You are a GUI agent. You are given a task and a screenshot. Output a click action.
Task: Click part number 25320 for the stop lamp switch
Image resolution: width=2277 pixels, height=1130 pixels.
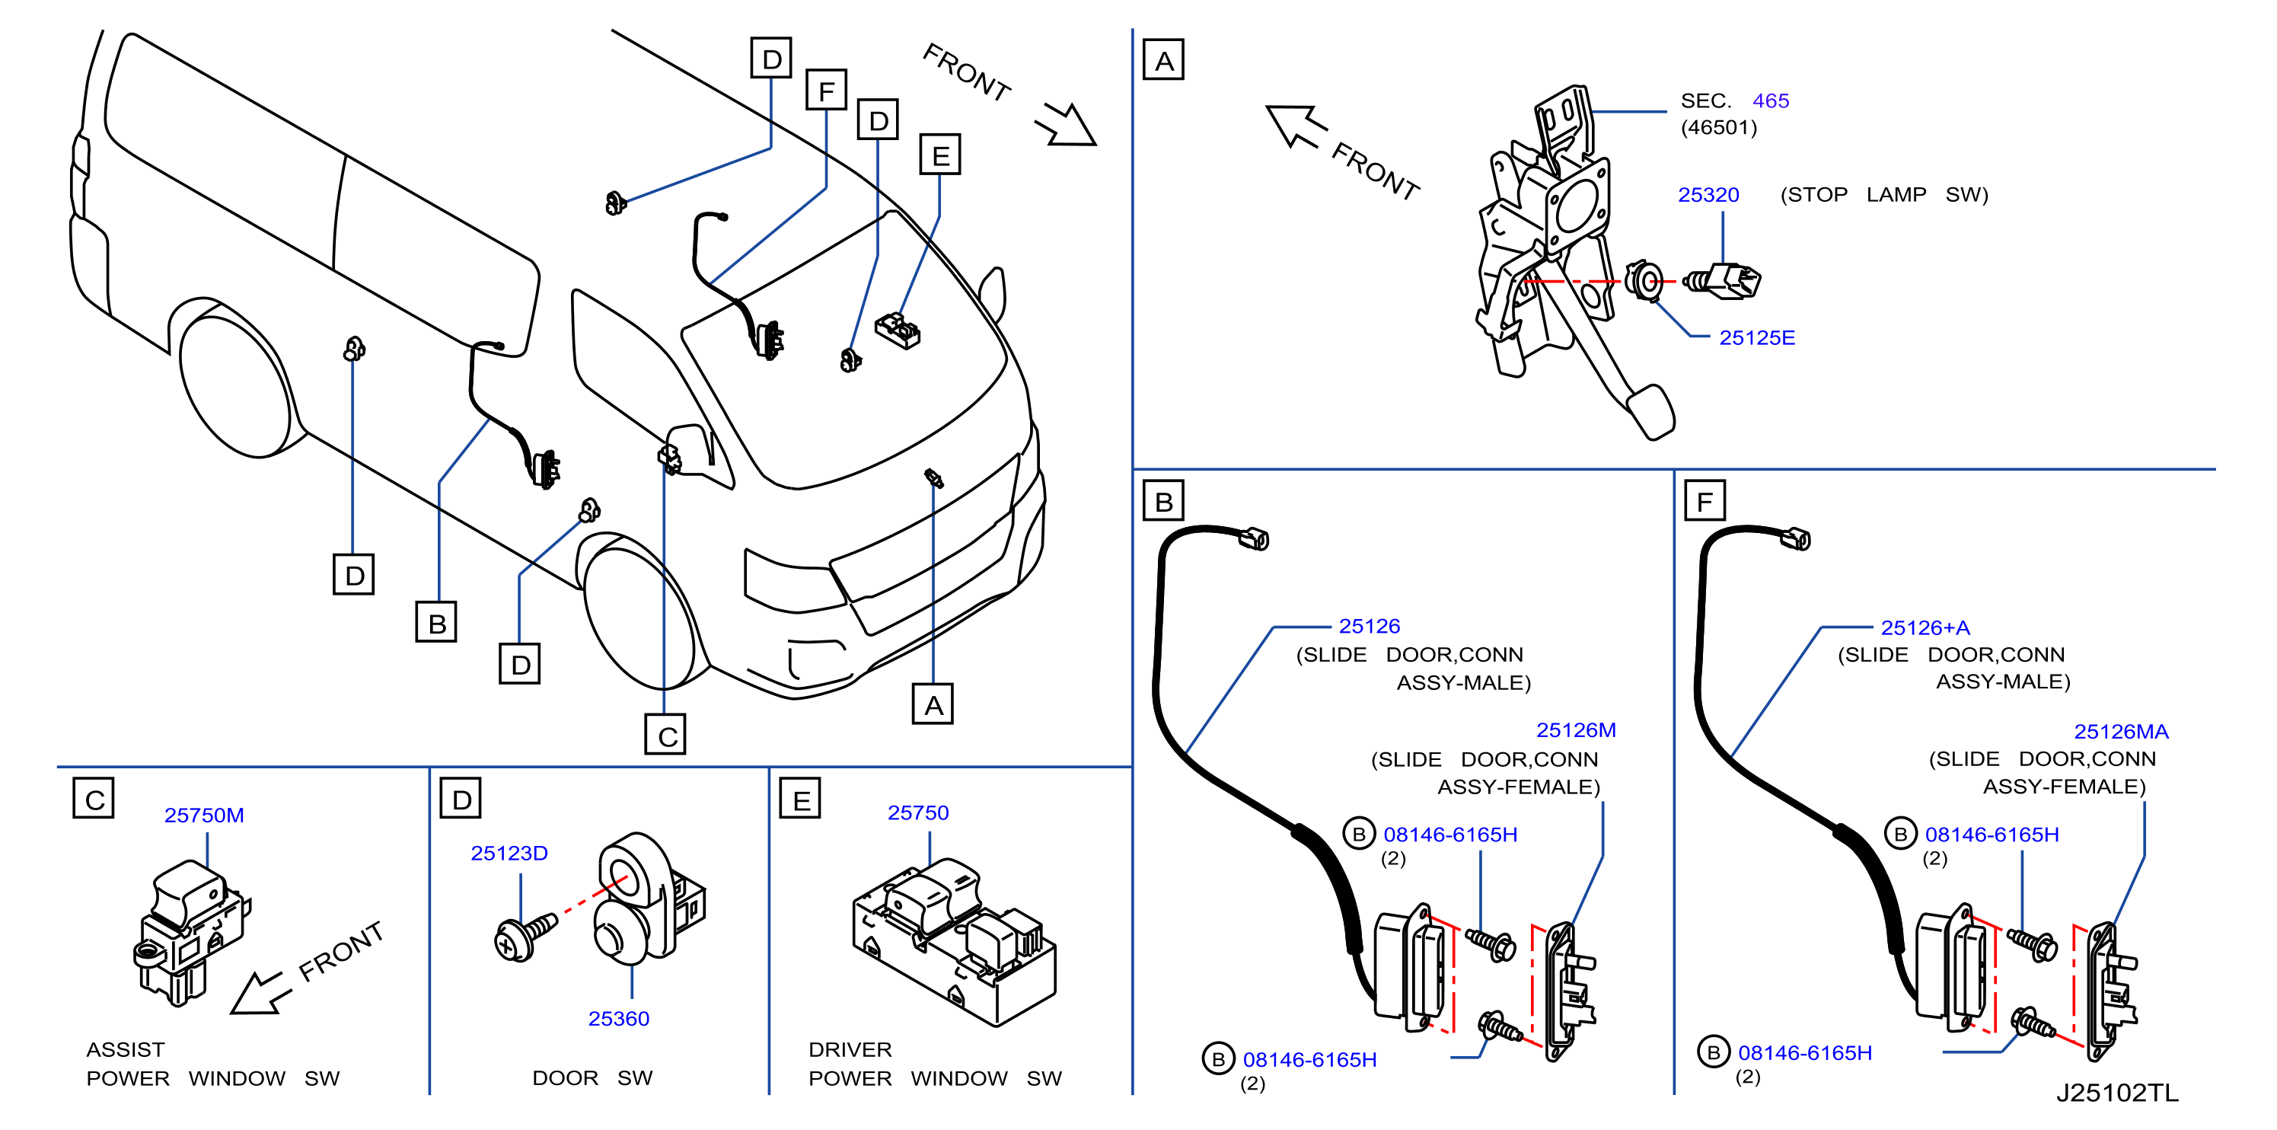click(x=1708, y=194)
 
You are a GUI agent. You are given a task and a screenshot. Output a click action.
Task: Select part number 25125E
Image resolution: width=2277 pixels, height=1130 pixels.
click(x=1756, y=338)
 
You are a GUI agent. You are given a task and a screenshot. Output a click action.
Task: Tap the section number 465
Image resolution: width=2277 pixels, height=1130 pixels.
click(x=1771, y=101)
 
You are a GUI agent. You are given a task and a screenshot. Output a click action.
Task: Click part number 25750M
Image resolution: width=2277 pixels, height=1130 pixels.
click(x=204, y=816)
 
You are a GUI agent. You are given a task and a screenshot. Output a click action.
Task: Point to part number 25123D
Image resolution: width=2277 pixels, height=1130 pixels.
click(x=509, y=854)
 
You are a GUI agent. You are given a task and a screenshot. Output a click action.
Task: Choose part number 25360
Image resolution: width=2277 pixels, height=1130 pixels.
click(x=619, y=1019)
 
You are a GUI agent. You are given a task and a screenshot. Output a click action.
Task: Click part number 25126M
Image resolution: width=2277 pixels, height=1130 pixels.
click(x=1576, y=730)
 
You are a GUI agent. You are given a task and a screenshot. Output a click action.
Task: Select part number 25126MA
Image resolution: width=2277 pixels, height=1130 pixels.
click(x=2122, y=732)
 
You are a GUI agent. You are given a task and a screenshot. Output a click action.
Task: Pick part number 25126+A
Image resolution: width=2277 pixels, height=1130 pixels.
click(x=1925, y=627)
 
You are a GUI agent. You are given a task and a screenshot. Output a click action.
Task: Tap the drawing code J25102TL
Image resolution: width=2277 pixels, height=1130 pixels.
click(x=2118, y=1093)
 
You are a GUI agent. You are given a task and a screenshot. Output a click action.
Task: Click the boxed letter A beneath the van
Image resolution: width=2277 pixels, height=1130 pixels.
click(x=933, y=704)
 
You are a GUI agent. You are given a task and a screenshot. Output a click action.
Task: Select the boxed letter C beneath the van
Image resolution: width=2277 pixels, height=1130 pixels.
click(x=665, y=735)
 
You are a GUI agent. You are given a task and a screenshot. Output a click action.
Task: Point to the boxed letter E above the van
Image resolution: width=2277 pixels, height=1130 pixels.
click(x=940, y=155)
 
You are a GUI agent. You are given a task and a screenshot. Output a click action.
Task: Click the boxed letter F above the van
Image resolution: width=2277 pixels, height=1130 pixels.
click(x=827, y=89)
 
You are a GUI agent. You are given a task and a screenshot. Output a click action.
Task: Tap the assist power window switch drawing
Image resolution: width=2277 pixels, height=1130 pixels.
click(x=191, y=933)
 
